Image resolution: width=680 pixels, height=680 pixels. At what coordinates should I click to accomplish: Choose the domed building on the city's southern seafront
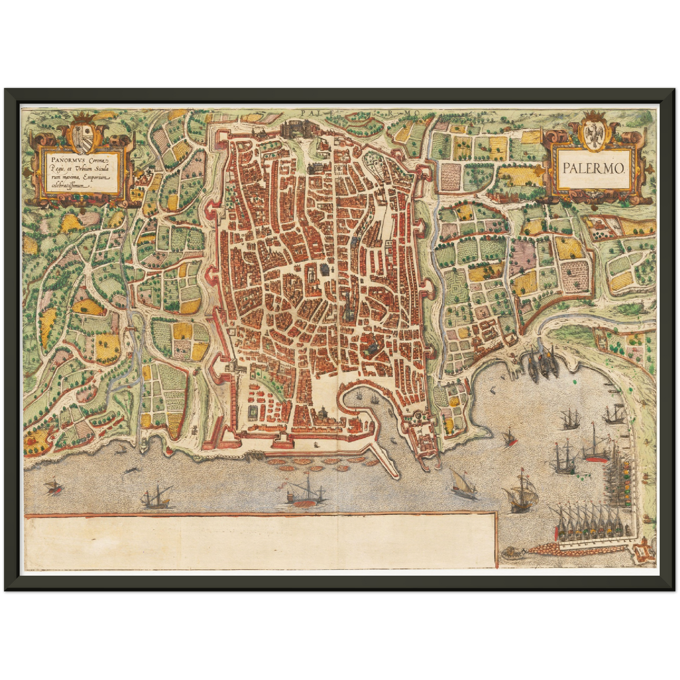click(324, 414)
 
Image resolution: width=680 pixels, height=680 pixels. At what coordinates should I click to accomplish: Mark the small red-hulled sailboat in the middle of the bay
click(508, 437)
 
